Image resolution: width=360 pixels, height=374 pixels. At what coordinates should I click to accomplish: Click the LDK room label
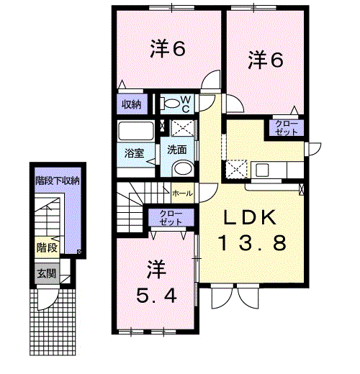(x=249, y=217)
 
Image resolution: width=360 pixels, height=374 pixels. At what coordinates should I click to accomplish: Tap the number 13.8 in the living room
(x=252, y=242)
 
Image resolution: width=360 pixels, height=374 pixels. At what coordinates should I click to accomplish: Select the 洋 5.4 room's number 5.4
(x=156, y=295)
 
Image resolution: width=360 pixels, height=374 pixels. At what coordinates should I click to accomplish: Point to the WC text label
(x=186, y=104)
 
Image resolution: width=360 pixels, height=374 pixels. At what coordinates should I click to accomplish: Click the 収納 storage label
(x=131, y=104)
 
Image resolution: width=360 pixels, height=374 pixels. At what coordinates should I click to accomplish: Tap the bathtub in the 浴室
(x=136, y=131)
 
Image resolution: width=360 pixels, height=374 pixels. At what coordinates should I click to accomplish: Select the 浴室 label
(x=134, y=153)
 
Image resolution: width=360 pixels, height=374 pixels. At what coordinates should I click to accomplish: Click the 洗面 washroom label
(x=177, y=150)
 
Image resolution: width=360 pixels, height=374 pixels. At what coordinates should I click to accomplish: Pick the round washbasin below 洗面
(x=184, y=168)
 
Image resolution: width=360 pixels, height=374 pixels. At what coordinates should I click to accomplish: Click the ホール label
(x=182, y=193)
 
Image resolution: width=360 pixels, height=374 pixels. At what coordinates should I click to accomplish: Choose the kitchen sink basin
(x=262, y=170)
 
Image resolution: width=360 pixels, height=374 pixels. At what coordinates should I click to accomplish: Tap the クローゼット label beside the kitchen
(x=287, y=128)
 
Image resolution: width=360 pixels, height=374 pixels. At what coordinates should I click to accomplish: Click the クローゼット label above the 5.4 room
(x=171, y=218)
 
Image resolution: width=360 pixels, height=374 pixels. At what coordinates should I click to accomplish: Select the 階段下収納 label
(x=58, y=181)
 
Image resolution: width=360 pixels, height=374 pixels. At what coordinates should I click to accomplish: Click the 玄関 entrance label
(x=47, y=273)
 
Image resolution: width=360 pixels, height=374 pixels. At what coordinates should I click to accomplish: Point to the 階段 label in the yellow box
(x=47, y=247)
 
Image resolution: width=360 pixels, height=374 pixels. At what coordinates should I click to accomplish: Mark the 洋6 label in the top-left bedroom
(x=168, y=49)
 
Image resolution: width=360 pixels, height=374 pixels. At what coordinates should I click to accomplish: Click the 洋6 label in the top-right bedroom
(x=266, y=60)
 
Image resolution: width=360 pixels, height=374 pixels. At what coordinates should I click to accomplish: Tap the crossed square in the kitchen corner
(x=236, y=169)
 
